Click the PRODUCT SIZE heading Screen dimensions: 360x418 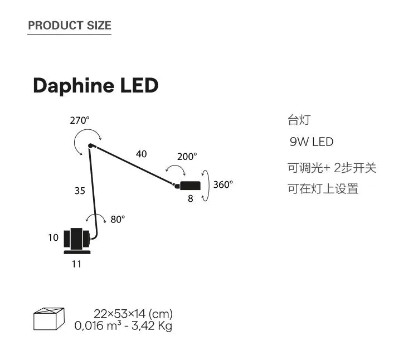(x=70, y=25)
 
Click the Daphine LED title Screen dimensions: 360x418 (x=95, y=86)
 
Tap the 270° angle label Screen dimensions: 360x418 (x=80, y=120)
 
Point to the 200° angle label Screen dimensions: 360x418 (x=187, y=157)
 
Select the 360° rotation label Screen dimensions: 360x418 (x=223, y=184)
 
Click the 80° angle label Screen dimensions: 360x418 (x=118, y=220)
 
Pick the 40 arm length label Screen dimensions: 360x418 (x=142, y=154)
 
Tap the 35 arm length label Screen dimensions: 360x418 (x=80, y=191)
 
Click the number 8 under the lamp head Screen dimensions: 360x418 (x=190, y=198)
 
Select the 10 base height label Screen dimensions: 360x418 (x=53, y=238)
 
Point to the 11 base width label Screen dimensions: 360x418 (x=76, y=264)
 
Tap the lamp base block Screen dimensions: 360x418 (x=76, y=240)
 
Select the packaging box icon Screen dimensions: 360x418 (x=49, y=319)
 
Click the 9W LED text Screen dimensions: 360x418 (x=312, y=142)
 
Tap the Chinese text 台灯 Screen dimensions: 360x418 (x=298, y=120)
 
